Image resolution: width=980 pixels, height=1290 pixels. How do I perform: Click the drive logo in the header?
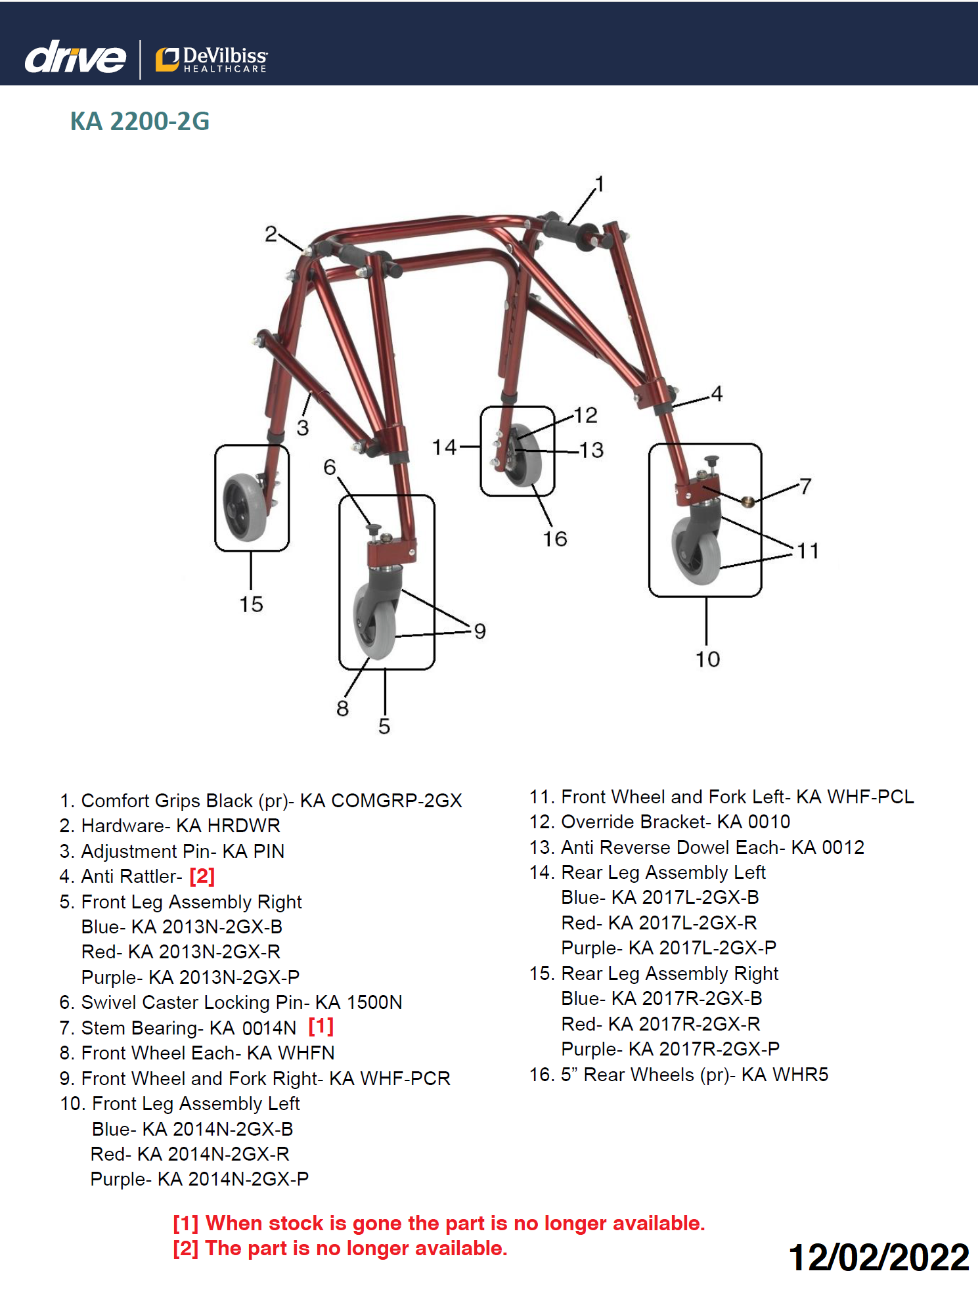(x=75, y=57)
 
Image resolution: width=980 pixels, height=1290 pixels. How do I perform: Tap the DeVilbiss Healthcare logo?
(x=212, y=59)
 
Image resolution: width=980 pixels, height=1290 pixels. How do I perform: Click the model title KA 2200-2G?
(x=140, y=122)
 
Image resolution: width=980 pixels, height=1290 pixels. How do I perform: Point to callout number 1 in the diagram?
(x=599, y=183)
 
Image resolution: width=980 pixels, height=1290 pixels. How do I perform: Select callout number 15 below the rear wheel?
(x=251, y=604)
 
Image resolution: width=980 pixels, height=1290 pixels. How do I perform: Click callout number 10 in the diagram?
(x=707, y=659)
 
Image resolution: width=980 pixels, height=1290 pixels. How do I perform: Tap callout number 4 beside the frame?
(x=717, y=393)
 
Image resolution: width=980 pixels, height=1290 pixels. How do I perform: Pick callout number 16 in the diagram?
(x=554, y=539)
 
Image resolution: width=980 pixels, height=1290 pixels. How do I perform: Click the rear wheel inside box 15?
(x=244, y=506)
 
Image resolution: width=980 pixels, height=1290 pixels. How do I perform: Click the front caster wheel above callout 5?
(x=375, y=621)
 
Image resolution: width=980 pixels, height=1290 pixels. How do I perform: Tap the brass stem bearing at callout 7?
(x=747, y=502)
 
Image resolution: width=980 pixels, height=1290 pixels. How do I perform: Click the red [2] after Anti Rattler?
(x=202, y=876)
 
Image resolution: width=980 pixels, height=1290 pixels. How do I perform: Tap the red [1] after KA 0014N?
(x=321, y=1025)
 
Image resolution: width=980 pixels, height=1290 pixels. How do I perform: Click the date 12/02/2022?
(x=879, y=1257)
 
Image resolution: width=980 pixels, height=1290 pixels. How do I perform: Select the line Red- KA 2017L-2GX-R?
(x=659, y=923)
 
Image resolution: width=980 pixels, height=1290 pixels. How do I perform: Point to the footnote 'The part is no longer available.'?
(x=356, y=1248)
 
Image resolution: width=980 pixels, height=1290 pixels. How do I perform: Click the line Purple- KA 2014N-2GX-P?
(x=200, y=1179)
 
